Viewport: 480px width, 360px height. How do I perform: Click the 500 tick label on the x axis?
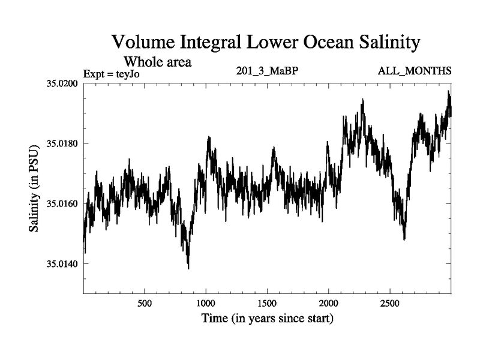pyautogui.click(x=145, y=303)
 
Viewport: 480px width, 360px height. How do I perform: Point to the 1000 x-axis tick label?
pyautogui.click(x=206, y=303)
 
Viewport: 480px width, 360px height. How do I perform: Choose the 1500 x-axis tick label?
pyautogui.click(x=268, y=303)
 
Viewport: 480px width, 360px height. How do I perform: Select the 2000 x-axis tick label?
pyautogui.click(x=329, y=303)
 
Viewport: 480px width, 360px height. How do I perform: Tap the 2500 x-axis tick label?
pyautogui.click(x=390, y=303)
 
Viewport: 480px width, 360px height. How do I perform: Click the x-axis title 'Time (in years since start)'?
pyautogui.click(x=267, y=319)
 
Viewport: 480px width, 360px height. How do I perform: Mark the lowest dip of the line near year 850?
pyautogui.click(x=188, y=268)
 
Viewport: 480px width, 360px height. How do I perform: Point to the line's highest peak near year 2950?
pyautogui.click(x=448, y=91)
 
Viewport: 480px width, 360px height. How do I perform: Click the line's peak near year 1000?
pyautogui.click(x=209, y=137)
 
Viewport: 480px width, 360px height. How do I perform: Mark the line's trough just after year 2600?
pyautogui.click(x=404, y=239)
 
